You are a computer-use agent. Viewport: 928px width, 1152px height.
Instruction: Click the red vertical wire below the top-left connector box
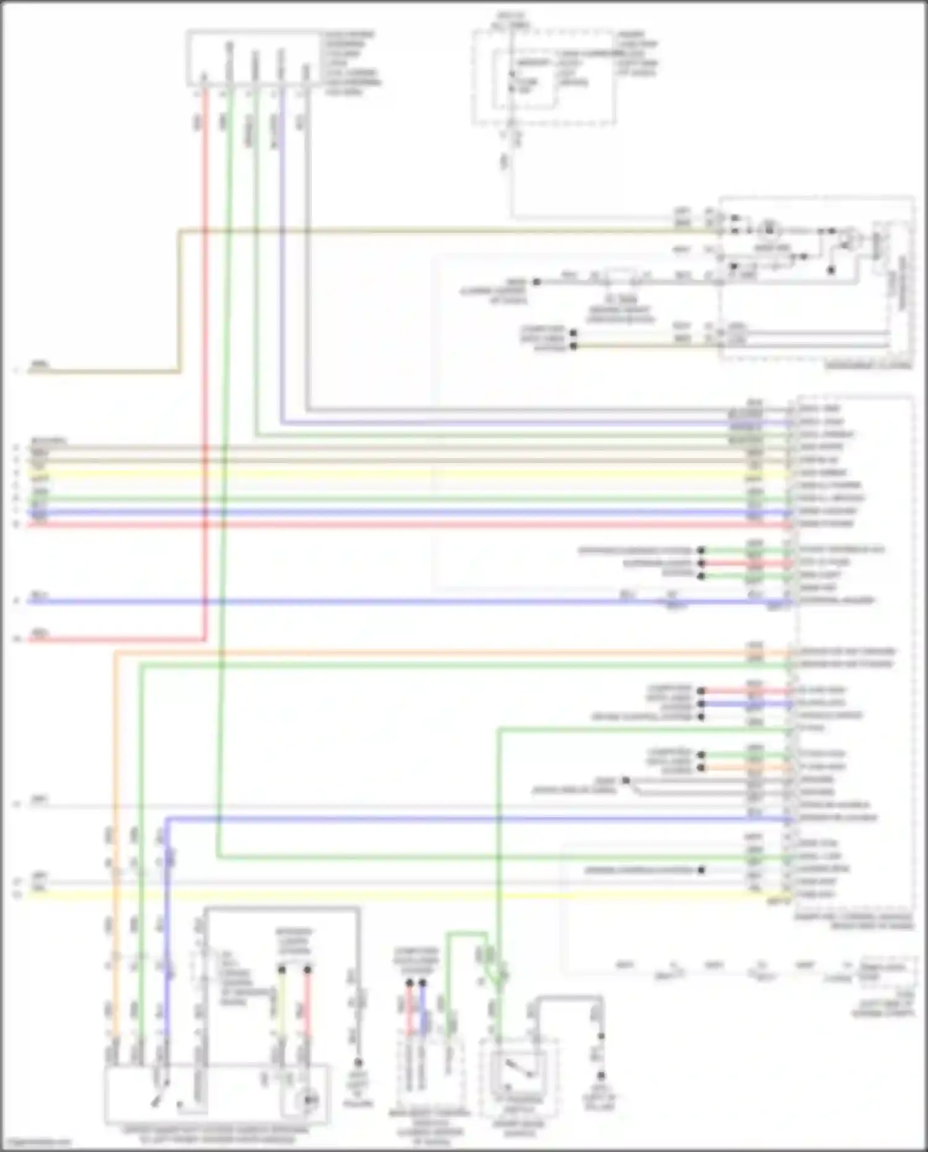tap(205, 371)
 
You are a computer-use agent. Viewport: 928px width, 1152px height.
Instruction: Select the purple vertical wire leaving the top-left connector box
tap(281, 260)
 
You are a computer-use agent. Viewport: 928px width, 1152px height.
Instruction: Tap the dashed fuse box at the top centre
tap(544, 77)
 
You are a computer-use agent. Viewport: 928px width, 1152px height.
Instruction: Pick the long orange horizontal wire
tap(433, 651)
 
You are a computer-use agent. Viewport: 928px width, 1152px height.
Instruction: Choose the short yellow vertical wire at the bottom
tap(282, 1003)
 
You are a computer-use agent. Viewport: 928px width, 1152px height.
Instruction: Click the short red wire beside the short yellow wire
tap(307, 1003)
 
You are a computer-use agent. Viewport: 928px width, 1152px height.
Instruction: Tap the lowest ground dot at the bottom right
tap(600, 1076)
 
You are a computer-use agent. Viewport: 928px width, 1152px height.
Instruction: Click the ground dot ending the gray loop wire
tap(358, 1062)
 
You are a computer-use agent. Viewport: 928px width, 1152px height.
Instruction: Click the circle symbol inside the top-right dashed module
tap(769, 230)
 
